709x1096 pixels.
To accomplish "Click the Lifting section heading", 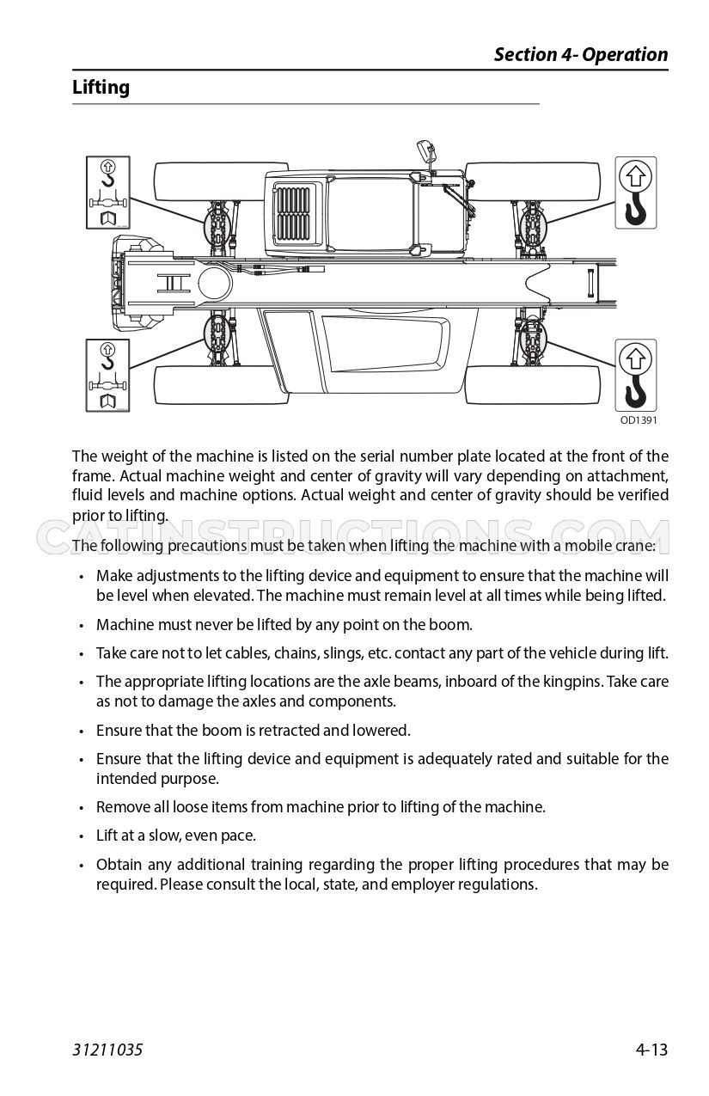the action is pyautogui.click(x=101, y=88).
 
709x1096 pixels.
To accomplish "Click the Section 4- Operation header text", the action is pyautogui.click(x=581, y=54).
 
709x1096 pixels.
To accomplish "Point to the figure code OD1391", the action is pyautogui.click(x=638, y=419).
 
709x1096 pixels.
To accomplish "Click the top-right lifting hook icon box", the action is pyautogui.click(x=636, y=193).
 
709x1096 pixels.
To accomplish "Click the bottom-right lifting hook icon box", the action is pyautogui.click(x=636, y=376).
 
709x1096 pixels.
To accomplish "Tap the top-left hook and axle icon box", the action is pyautogui.click(x=107, y=193).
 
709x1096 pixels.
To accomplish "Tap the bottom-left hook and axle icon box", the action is pyautogui.click(x=107, y=376).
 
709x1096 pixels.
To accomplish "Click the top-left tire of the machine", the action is pyautogui.click(x=221, y=181).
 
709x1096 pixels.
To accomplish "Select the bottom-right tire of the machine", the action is pyautogui.click(x=533, y=384).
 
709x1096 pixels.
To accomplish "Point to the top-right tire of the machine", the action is pyautogui.click(x=533, y=181).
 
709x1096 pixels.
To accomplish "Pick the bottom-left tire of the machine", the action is pyautogui.click(x=221, y=384).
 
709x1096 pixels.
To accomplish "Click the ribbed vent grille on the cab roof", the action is pyautogui.click(x=293, y=213).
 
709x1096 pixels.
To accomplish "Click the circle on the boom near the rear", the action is pyautogui.click(x=216, y=284).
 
